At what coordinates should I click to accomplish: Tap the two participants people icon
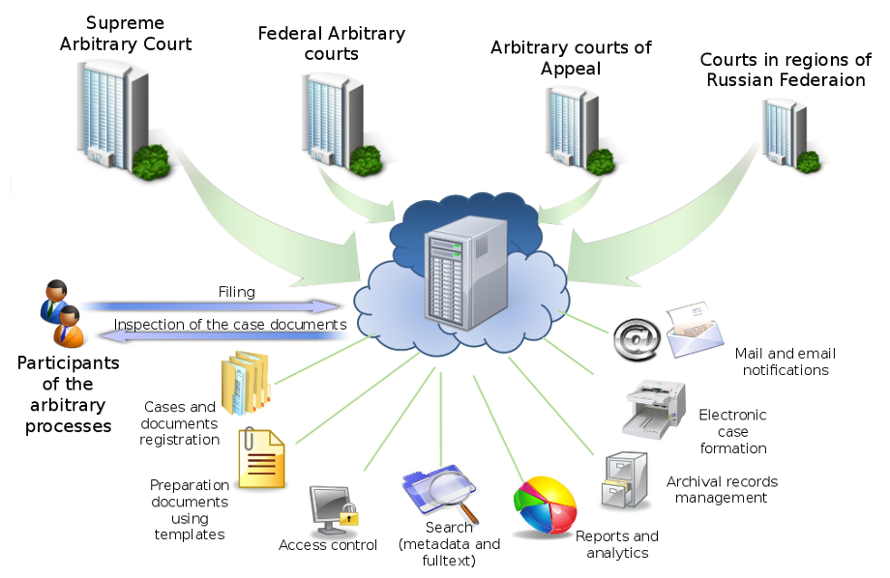60,314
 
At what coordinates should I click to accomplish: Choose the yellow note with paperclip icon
261,458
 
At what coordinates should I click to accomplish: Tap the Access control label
328,545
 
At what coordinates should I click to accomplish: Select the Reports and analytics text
617,544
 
